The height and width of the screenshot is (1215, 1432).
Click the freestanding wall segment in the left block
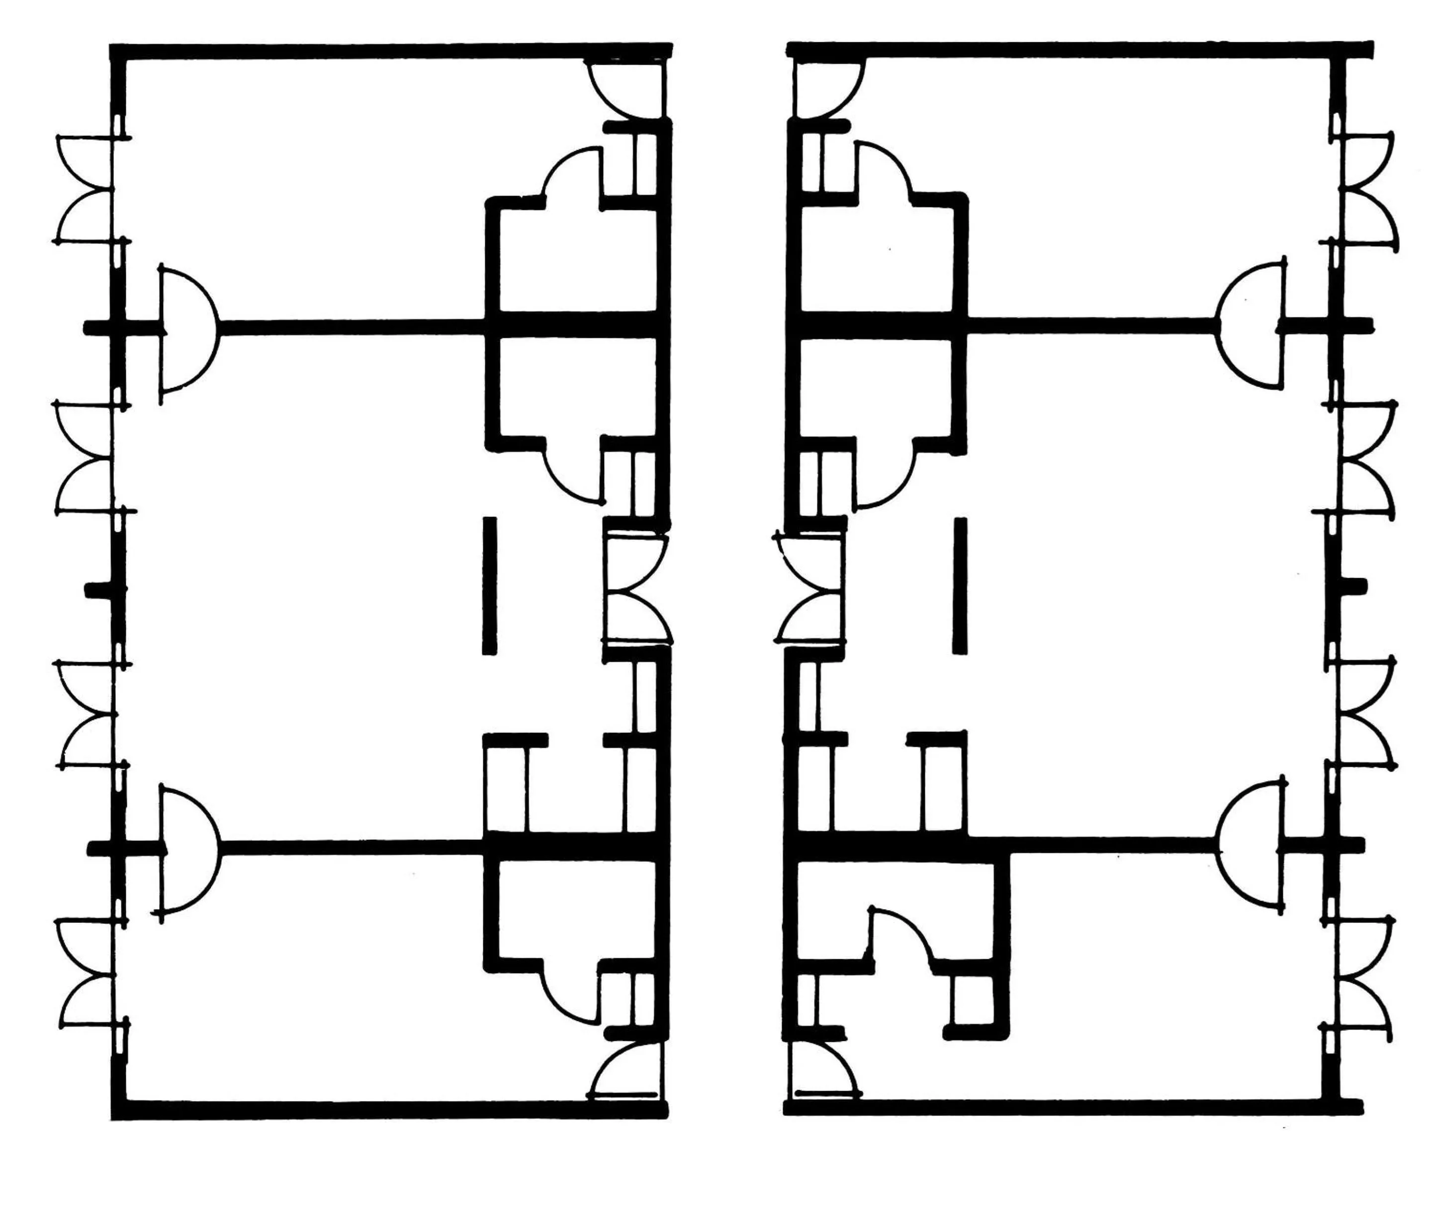click(x=489, y=586)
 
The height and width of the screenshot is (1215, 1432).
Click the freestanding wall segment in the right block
click(x=960, y=586)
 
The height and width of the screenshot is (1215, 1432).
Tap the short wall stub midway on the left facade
click(x=104, y=590)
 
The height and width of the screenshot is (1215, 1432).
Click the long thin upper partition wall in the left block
click(x=351, y=328)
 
